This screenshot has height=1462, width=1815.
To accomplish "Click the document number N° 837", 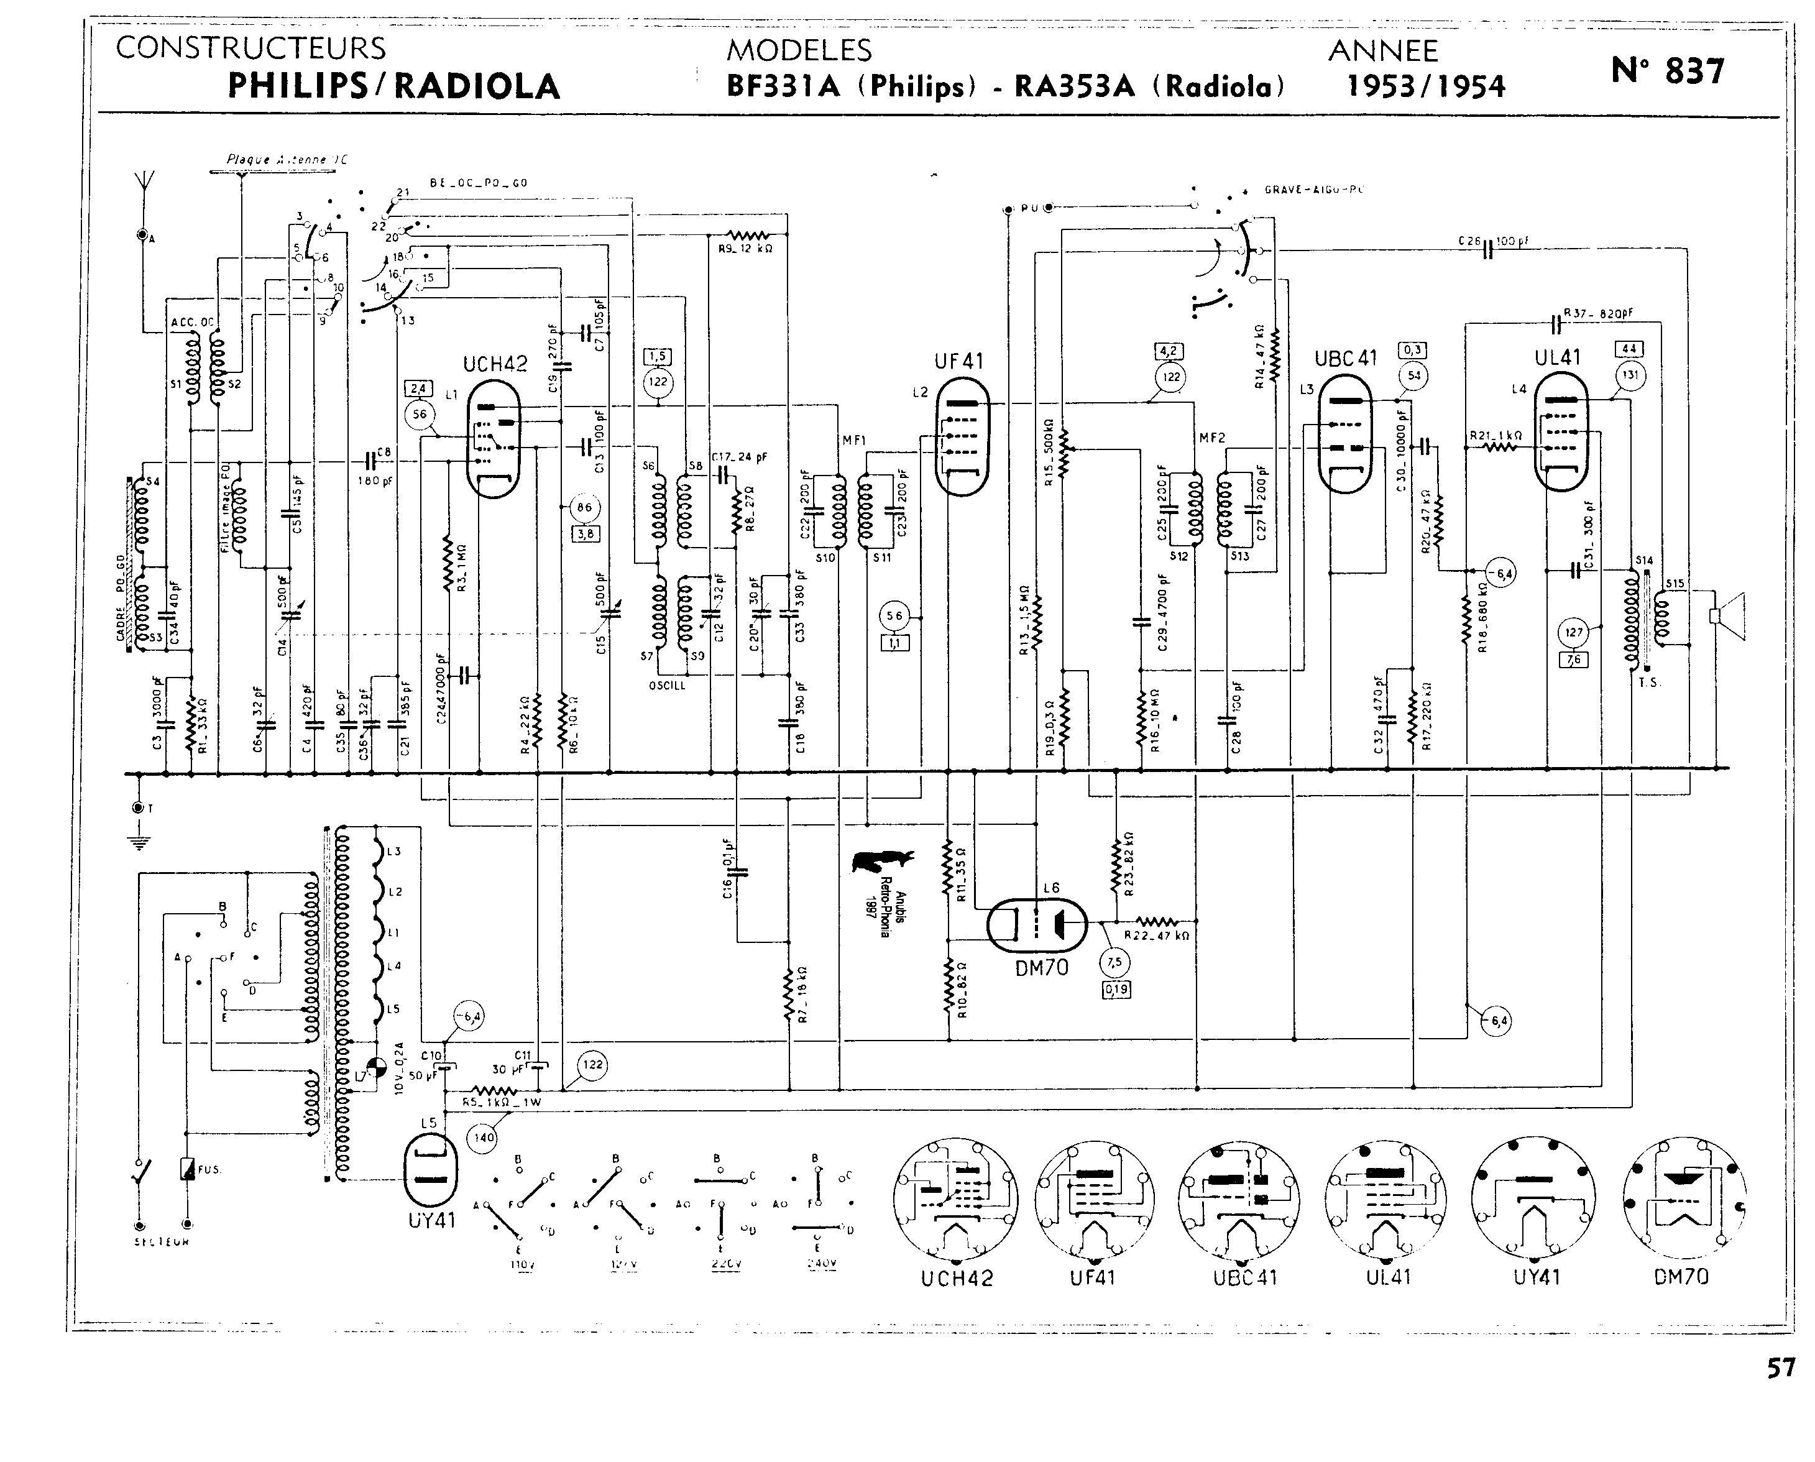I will [x=1667, y=71].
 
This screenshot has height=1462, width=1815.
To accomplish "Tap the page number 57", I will [x=1780, y=1369].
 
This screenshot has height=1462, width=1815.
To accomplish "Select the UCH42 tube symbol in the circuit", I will [x=494, y=439].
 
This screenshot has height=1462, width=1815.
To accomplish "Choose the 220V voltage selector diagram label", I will [x=722, y=1263].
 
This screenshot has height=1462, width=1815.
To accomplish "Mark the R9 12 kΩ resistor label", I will [x=745, y=249].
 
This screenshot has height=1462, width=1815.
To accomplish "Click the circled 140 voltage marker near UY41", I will [x=484, y=1138].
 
